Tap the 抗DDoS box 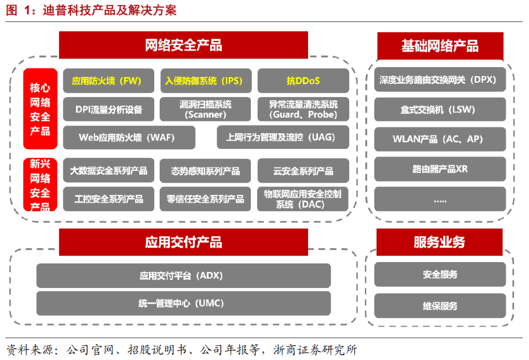pos(303,81)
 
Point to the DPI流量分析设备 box pos(109,109)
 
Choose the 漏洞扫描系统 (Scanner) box pos(205,109)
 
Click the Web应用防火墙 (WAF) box pos(129,138)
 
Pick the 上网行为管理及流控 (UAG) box pos(283,137)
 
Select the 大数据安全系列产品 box pos(109,170)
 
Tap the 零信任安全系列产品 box pos(205,199)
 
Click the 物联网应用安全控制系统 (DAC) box pos(303,199)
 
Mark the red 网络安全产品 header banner pos(184,46)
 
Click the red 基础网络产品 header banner pos(440,46)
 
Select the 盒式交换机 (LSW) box pos(440,110)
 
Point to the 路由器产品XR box pos(440,169)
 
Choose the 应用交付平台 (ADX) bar pos(184,276)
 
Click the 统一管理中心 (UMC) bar pos(184,304)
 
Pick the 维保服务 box pos(440,306)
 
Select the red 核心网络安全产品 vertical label pos(40,109)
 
